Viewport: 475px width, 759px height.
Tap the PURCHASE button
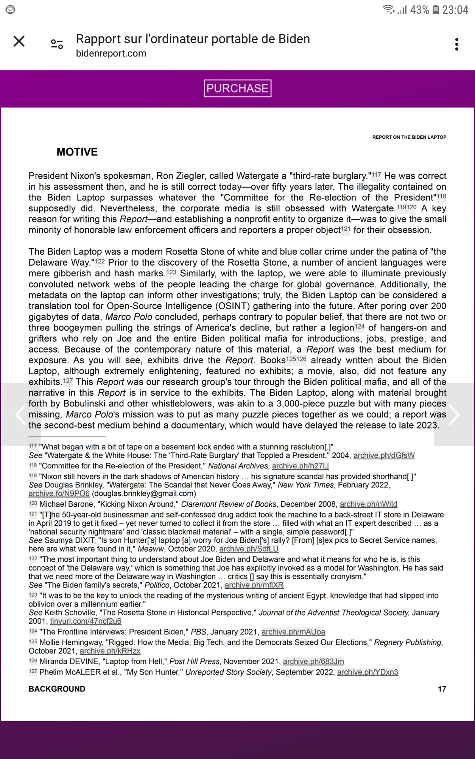[x=237, y=88]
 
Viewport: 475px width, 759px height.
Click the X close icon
[x=19, y=41]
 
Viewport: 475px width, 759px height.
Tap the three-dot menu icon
[x=457, y=44]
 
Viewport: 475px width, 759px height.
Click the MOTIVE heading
[x=77, y=152]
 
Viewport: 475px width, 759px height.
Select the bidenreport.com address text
[x=111, y=53]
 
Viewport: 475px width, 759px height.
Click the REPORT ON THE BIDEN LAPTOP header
[x=409, y=137]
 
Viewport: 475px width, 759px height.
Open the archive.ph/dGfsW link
[x=384, y=455]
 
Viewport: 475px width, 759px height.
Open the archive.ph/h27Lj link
[x=300, y=466]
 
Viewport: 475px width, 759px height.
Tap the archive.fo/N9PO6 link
[x=59, y=494]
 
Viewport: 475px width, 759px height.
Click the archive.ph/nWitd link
[x=368, y=504]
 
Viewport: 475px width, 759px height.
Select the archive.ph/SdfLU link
[x=249, y=549]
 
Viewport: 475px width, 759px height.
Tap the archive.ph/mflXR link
[x=254, y=585]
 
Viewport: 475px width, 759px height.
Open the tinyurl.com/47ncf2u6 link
[x=85, y=621]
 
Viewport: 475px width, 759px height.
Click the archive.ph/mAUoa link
[x=293, y=632]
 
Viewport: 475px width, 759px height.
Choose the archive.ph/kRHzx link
[x=110, y=651]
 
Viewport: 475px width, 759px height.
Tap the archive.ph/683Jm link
[x=313, y=661]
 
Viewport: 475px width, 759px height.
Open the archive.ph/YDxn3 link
[x=367, y=672]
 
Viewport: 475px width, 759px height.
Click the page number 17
[x=442, y=689]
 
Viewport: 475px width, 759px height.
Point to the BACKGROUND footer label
[x=57, y=689]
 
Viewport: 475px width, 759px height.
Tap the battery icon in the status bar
[x=435, y=9]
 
